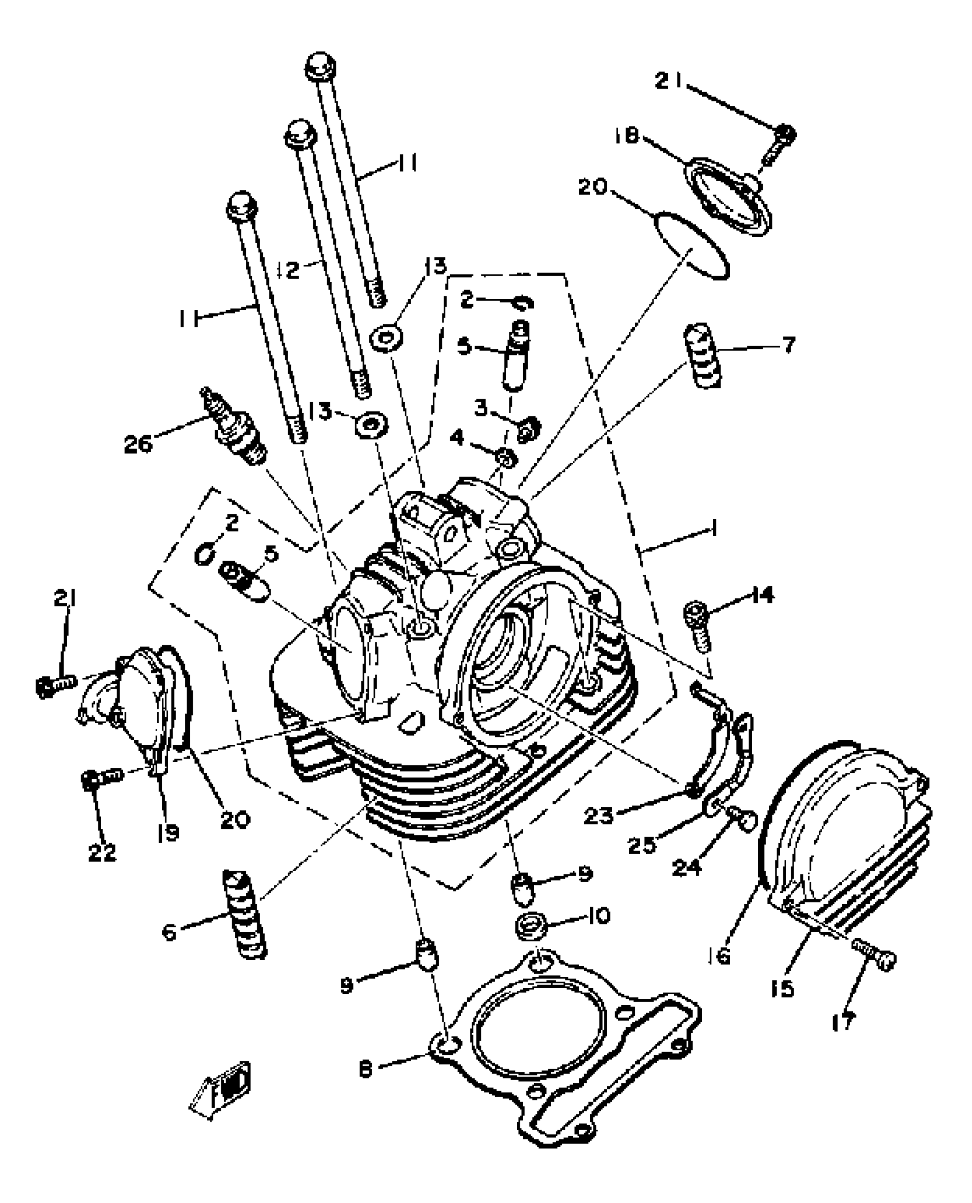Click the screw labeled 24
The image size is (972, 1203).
[x=742, y=820]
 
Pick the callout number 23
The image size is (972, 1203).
[x=599, y=816]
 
